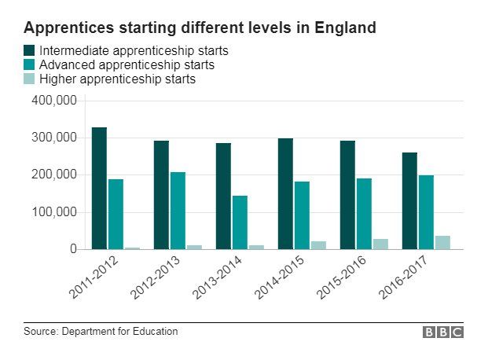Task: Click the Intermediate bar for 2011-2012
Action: click(99, 189)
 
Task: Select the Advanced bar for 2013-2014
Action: click(240, 222)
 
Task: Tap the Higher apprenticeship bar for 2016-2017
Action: click(442, 242)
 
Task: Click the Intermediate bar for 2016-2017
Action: click(409, 200)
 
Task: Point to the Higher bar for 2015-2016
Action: click(380, 244)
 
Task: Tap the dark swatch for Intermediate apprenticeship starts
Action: click(30, 51)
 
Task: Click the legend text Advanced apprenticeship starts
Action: click(127, 65)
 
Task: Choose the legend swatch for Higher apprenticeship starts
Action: click(30, 79)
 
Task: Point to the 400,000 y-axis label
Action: click(53, 101)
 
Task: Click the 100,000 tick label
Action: click(53, 212)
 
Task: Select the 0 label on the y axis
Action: click(73, 249)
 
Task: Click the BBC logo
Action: click(443, 332)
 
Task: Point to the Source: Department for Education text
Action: click(101, 332)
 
